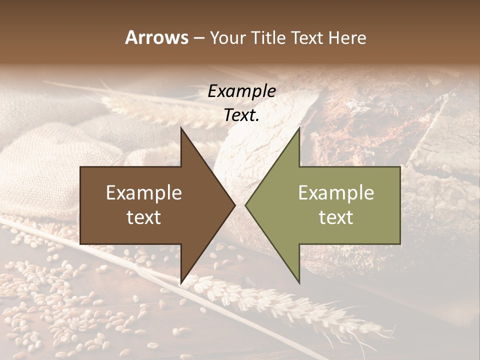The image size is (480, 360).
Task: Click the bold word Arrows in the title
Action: point(156,37)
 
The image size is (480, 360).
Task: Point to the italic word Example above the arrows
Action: point(241,91)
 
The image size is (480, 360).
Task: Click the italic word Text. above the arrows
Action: point(241,115)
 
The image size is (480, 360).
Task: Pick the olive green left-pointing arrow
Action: point(340,205)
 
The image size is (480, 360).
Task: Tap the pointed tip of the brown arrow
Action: point(234,205)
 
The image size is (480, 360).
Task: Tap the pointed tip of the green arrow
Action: point(246,205)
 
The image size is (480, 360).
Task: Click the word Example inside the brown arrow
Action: point(144,193)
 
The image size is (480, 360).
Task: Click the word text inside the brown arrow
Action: point(144,217)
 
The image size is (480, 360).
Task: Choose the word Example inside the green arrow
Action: point(336,193)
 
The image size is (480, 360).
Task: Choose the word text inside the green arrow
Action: point(336,217)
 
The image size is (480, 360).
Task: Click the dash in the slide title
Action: point(198,38)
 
